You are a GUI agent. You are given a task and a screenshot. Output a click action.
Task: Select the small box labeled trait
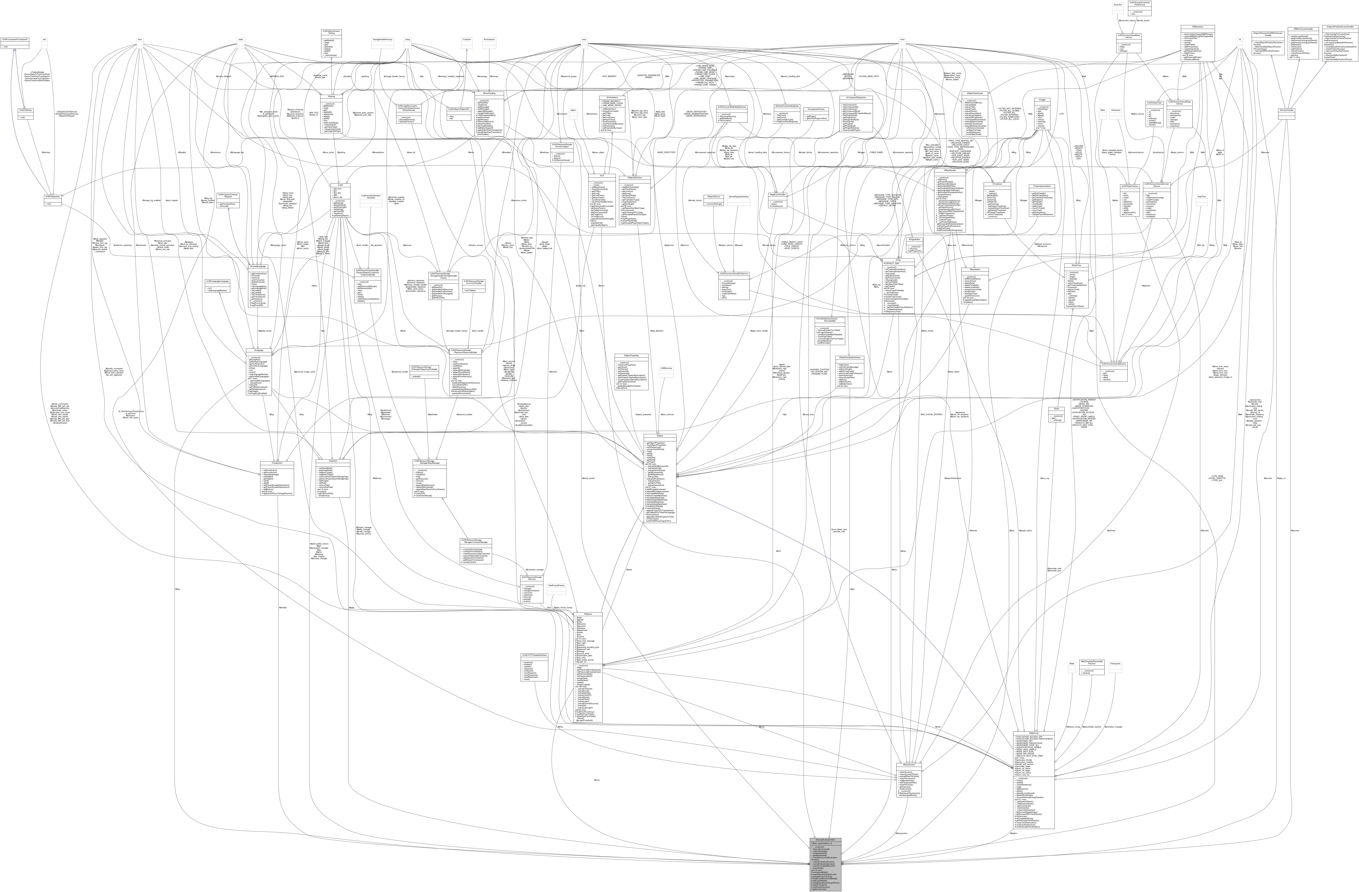(x=44, y=39)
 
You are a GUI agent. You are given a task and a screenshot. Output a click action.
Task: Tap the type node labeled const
(x=902, y=39)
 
